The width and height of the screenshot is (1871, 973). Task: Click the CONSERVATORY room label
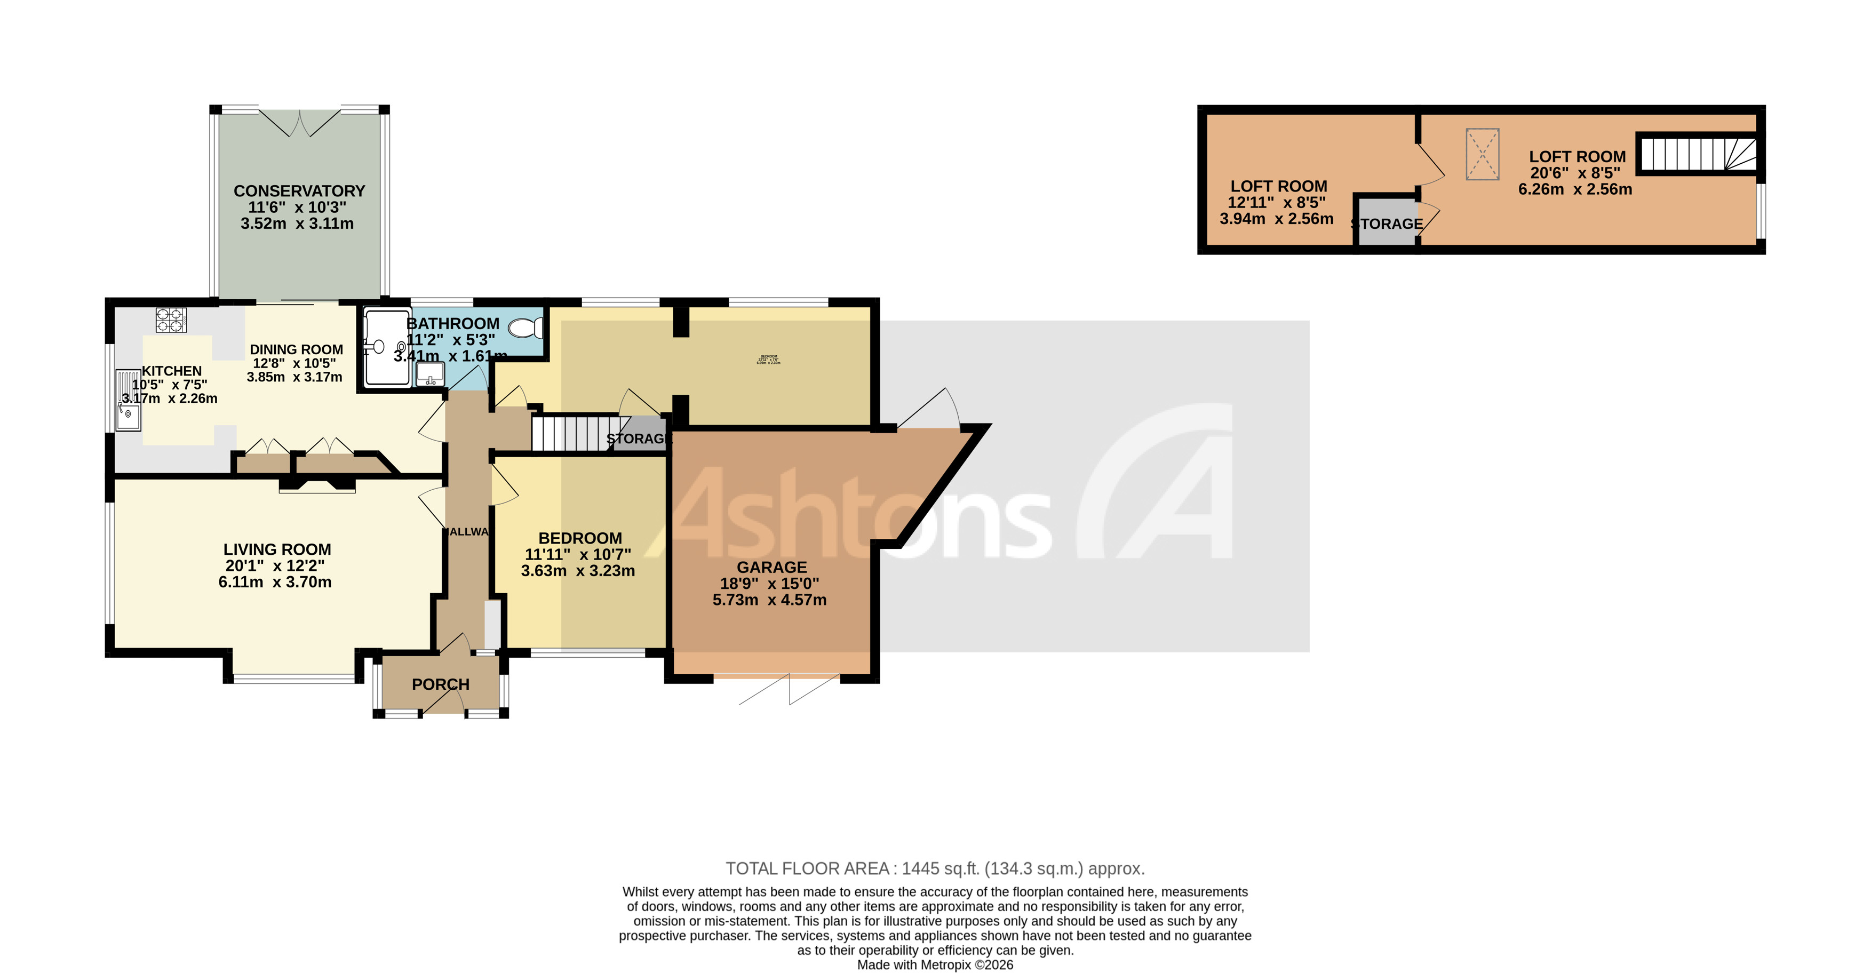(299, 191)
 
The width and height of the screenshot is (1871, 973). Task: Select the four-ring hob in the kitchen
(171, 320)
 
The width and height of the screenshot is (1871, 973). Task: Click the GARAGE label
(771, 567)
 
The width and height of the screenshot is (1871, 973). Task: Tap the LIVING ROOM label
(277, 549)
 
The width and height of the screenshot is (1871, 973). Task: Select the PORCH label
(440, 685)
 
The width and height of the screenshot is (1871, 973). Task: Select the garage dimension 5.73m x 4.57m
(769, 600)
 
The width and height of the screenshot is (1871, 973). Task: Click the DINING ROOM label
(296, 349)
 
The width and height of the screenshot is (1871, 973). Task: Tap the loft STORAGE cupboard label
(1388, 224)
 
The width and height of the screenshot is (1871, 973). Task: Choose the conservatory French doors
(299, 123)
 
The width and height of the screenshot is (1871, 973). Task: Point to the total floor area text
(935, 868)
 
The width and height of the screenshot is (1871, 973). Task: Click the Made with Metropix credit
(935, 965)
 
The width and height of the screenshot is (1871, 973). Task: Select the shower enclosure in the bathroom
(387, 348)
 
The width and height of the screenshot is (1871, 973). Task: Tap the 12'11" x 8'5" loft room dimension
(1276, 203)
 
